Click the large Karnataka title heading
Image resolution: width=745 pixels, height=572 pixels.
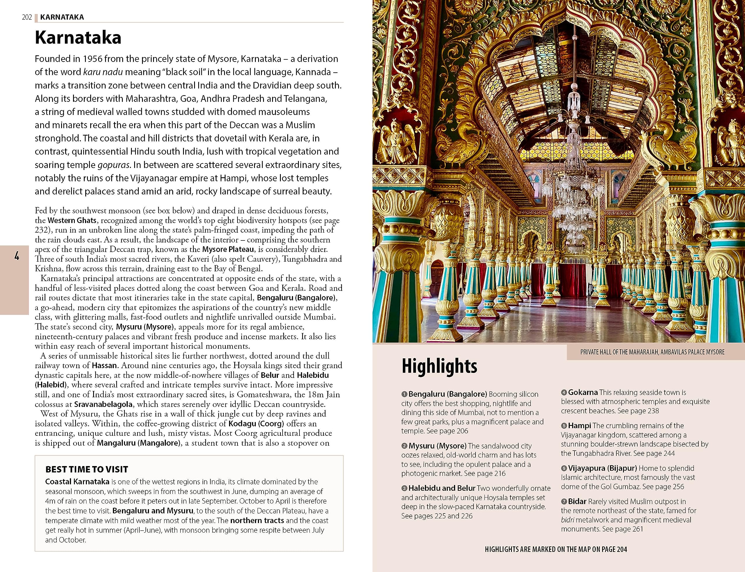click(78, 38)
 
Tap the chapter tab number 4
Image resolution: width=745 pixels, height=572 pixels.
click(17, 256)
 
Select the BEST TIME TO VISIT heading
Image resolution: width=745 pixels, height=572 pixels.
click(87, 469)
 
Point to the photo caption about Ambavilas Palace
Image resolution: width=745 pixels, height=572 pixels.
click(652, 352)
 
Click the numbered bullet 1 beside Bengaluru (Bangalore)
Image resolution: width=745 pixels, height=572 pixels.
click(404, 394)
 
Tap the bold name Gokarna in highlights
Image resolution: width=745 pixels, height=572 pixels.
click(583, 392)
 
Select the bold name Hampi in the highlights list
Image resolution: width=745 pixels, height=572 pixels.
click(579, 426)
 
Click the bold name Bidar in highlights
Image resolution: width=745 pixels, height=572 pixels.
click(577, 501)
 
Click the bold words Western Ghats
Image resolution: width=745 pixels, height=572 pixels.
click(72, 220)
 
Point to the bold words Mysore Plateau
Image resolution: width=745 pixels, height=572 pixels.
click(228, 249)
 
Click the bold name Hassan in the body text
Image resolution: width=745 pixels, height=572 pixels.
click(104, 365)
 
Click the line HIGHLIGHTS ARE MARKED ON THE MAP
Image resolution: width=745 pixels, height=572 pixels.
click(556, 549)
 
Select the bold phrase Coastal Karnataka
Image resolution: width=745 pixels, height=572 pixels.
click(77, 481)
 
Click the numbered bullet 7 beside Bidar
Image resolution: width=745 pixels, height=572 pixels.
click(564, 502)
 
